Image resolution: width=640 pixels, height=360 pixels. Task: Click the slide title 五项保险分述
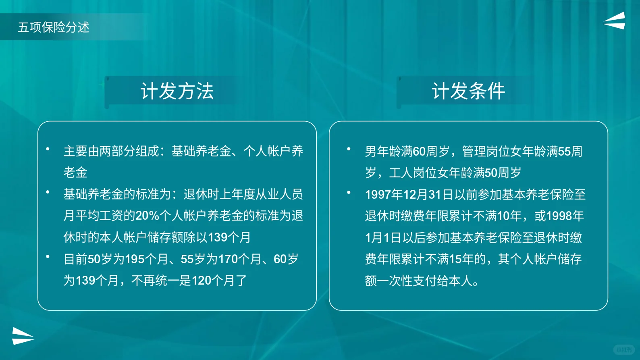click(x=54, y=27)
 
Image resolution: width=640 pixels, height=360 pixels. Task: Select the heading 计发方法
click(x=177, y=91)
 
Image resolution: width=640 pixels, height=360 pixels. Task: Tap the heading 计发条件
click(x=469, y=91)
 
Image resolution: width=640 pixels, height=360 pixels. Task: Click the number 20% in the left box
click(x=147, y=216)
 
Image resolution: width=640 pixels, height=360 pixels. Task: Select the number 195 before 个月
click(x=135, y=259)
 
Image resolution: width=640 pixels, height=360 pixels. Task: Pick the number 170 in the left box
click(x=228, y=259)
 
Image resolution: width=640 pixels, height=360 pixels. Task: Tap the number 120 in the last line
click(x=201, y=281)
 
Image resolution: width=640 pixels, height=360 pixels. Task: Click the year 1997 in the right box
click(x=378, y=195)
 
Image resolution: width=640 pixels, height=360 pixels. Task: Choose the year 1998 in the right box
click(x=559, y=216)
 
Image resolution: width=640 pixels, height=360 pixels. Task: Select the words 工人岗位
click(x=413, y=173)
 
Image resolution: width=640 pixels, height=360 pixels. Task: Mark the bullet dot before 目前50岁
click(x=48, y=256)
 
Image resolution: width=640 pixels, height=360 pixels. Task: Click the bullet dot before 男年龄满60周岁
click(x=349, y=149)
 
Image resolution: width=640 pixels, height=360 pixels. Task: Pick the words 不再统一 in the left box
click(x=155, y=281)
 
